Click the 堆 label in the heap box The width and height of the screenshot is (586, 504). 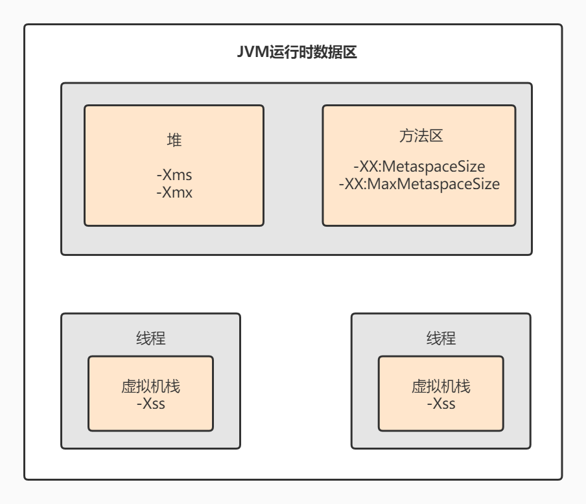point(174,139)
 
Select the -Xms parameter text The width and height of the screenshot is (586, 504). point(174,175)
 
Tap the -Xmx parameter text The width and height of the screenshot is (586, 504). point(174,192)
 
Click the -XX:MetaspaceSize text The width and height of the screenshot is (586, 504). point(419,166)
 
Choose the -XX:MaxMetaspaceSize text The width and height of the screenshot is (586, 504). point(419,184)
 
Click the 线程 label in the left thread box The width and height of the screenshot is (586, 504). point(150,338)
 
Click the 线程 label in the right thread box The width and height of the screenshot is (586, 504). point(441,338)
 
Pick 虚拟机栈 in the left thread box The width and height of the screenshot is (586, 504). point(150,387)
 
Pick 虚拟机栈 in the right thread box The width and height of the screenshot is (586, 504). point(441,387)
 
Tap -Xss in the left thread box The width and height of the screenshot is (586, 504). point(150,404)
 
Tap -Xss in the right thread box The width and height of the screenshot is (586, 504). point(441,404)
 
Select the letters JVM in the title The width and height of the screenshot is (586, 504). point(252,53)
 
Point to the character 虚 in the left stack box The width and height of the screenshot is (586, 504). point(128,387)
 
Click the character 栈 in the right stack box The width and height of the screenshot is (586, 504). point(463,387)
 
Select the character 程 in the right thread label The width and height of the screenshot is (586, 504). point(449,338)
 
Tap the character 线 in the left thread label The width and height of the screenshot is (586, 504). point(143,338)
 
